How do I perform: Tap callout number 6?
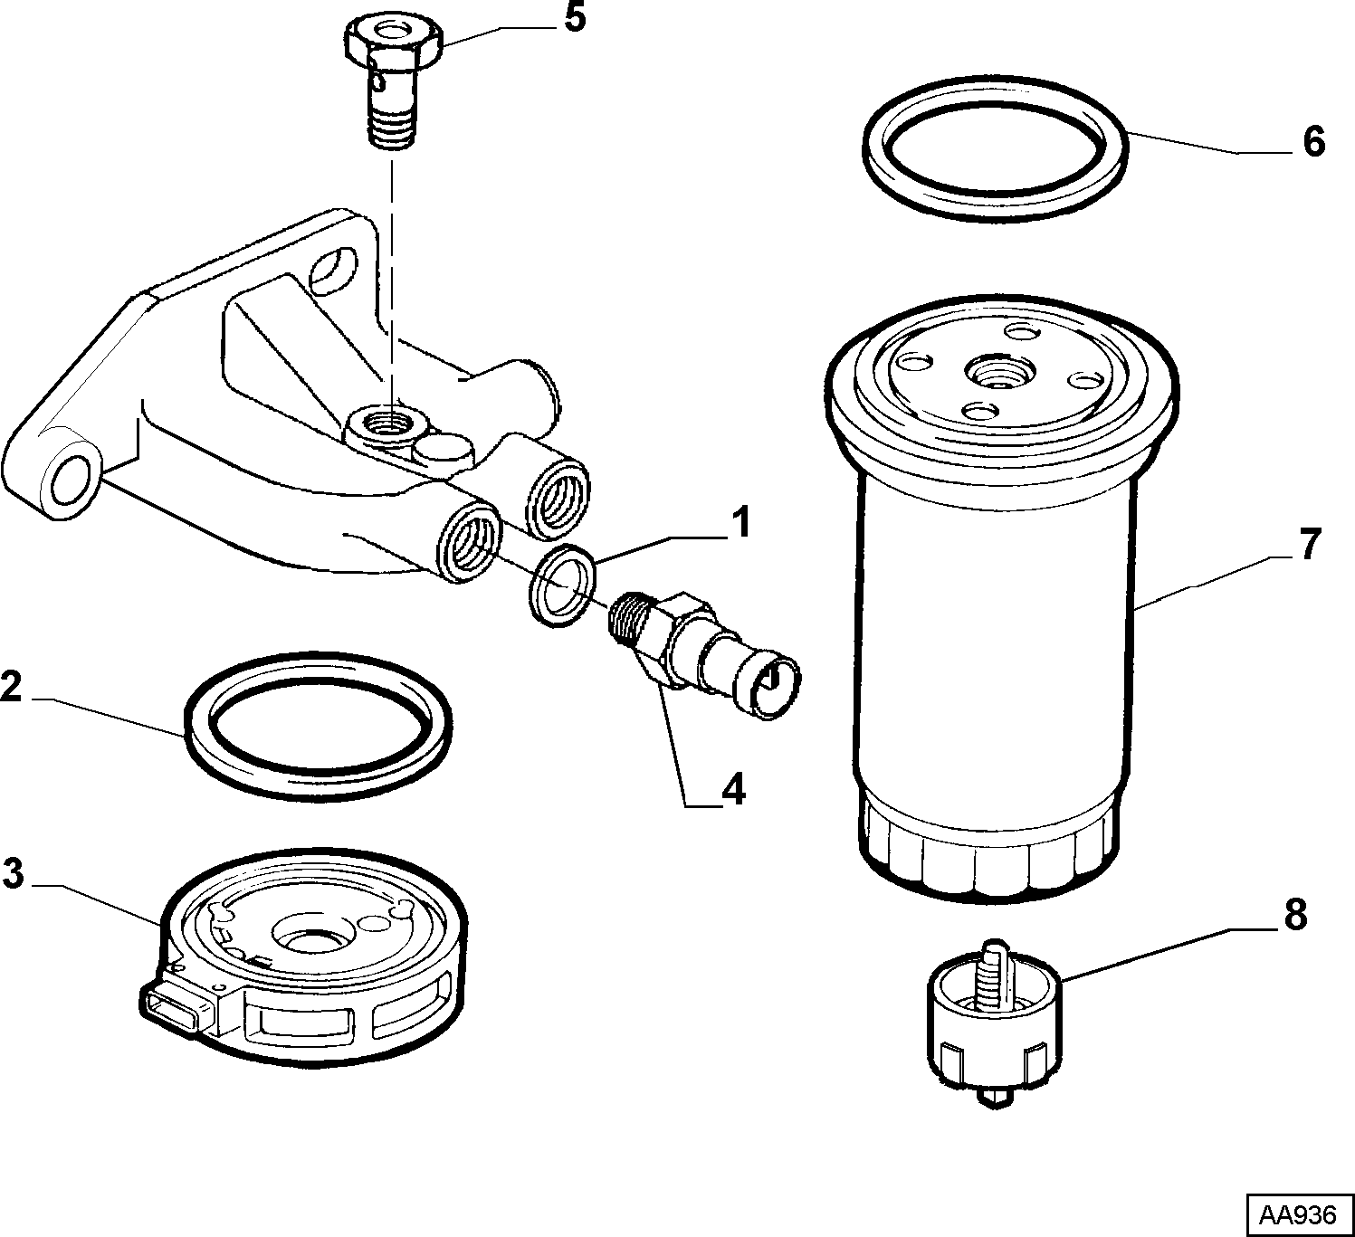pos(1313,142)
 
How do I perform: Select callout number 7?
pos(1310,544)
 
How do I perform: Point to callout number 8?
pos(1295,916)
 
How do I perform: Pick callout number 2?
pos(12,687)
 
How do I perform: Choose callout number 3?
pos(13,873)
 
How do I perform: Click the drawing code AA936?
pos(1298,1215)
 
